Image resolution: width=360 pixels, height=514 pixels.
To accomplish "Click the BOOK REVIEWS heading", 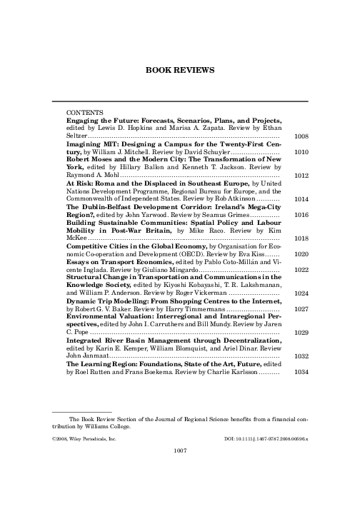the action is (x=180, y=71).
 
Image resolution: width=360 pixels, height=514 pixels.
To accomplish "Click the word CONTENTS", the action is (x=84, y=114).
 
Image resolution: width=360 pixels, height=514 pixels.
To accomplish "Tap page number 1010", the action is (x=301, y=152).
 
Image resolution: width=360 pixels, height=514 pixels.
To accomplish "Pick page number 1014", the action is (x=301, y=199).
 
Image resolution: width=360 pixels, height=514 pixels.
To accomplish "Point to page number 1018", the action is (x=301, y=238).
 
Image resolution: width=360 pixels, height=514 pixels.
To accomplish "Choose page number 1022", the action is (x=301, y=270).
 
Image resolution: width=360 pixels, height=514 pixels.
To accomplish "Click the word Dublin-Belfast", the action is (x=103, y=207).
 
